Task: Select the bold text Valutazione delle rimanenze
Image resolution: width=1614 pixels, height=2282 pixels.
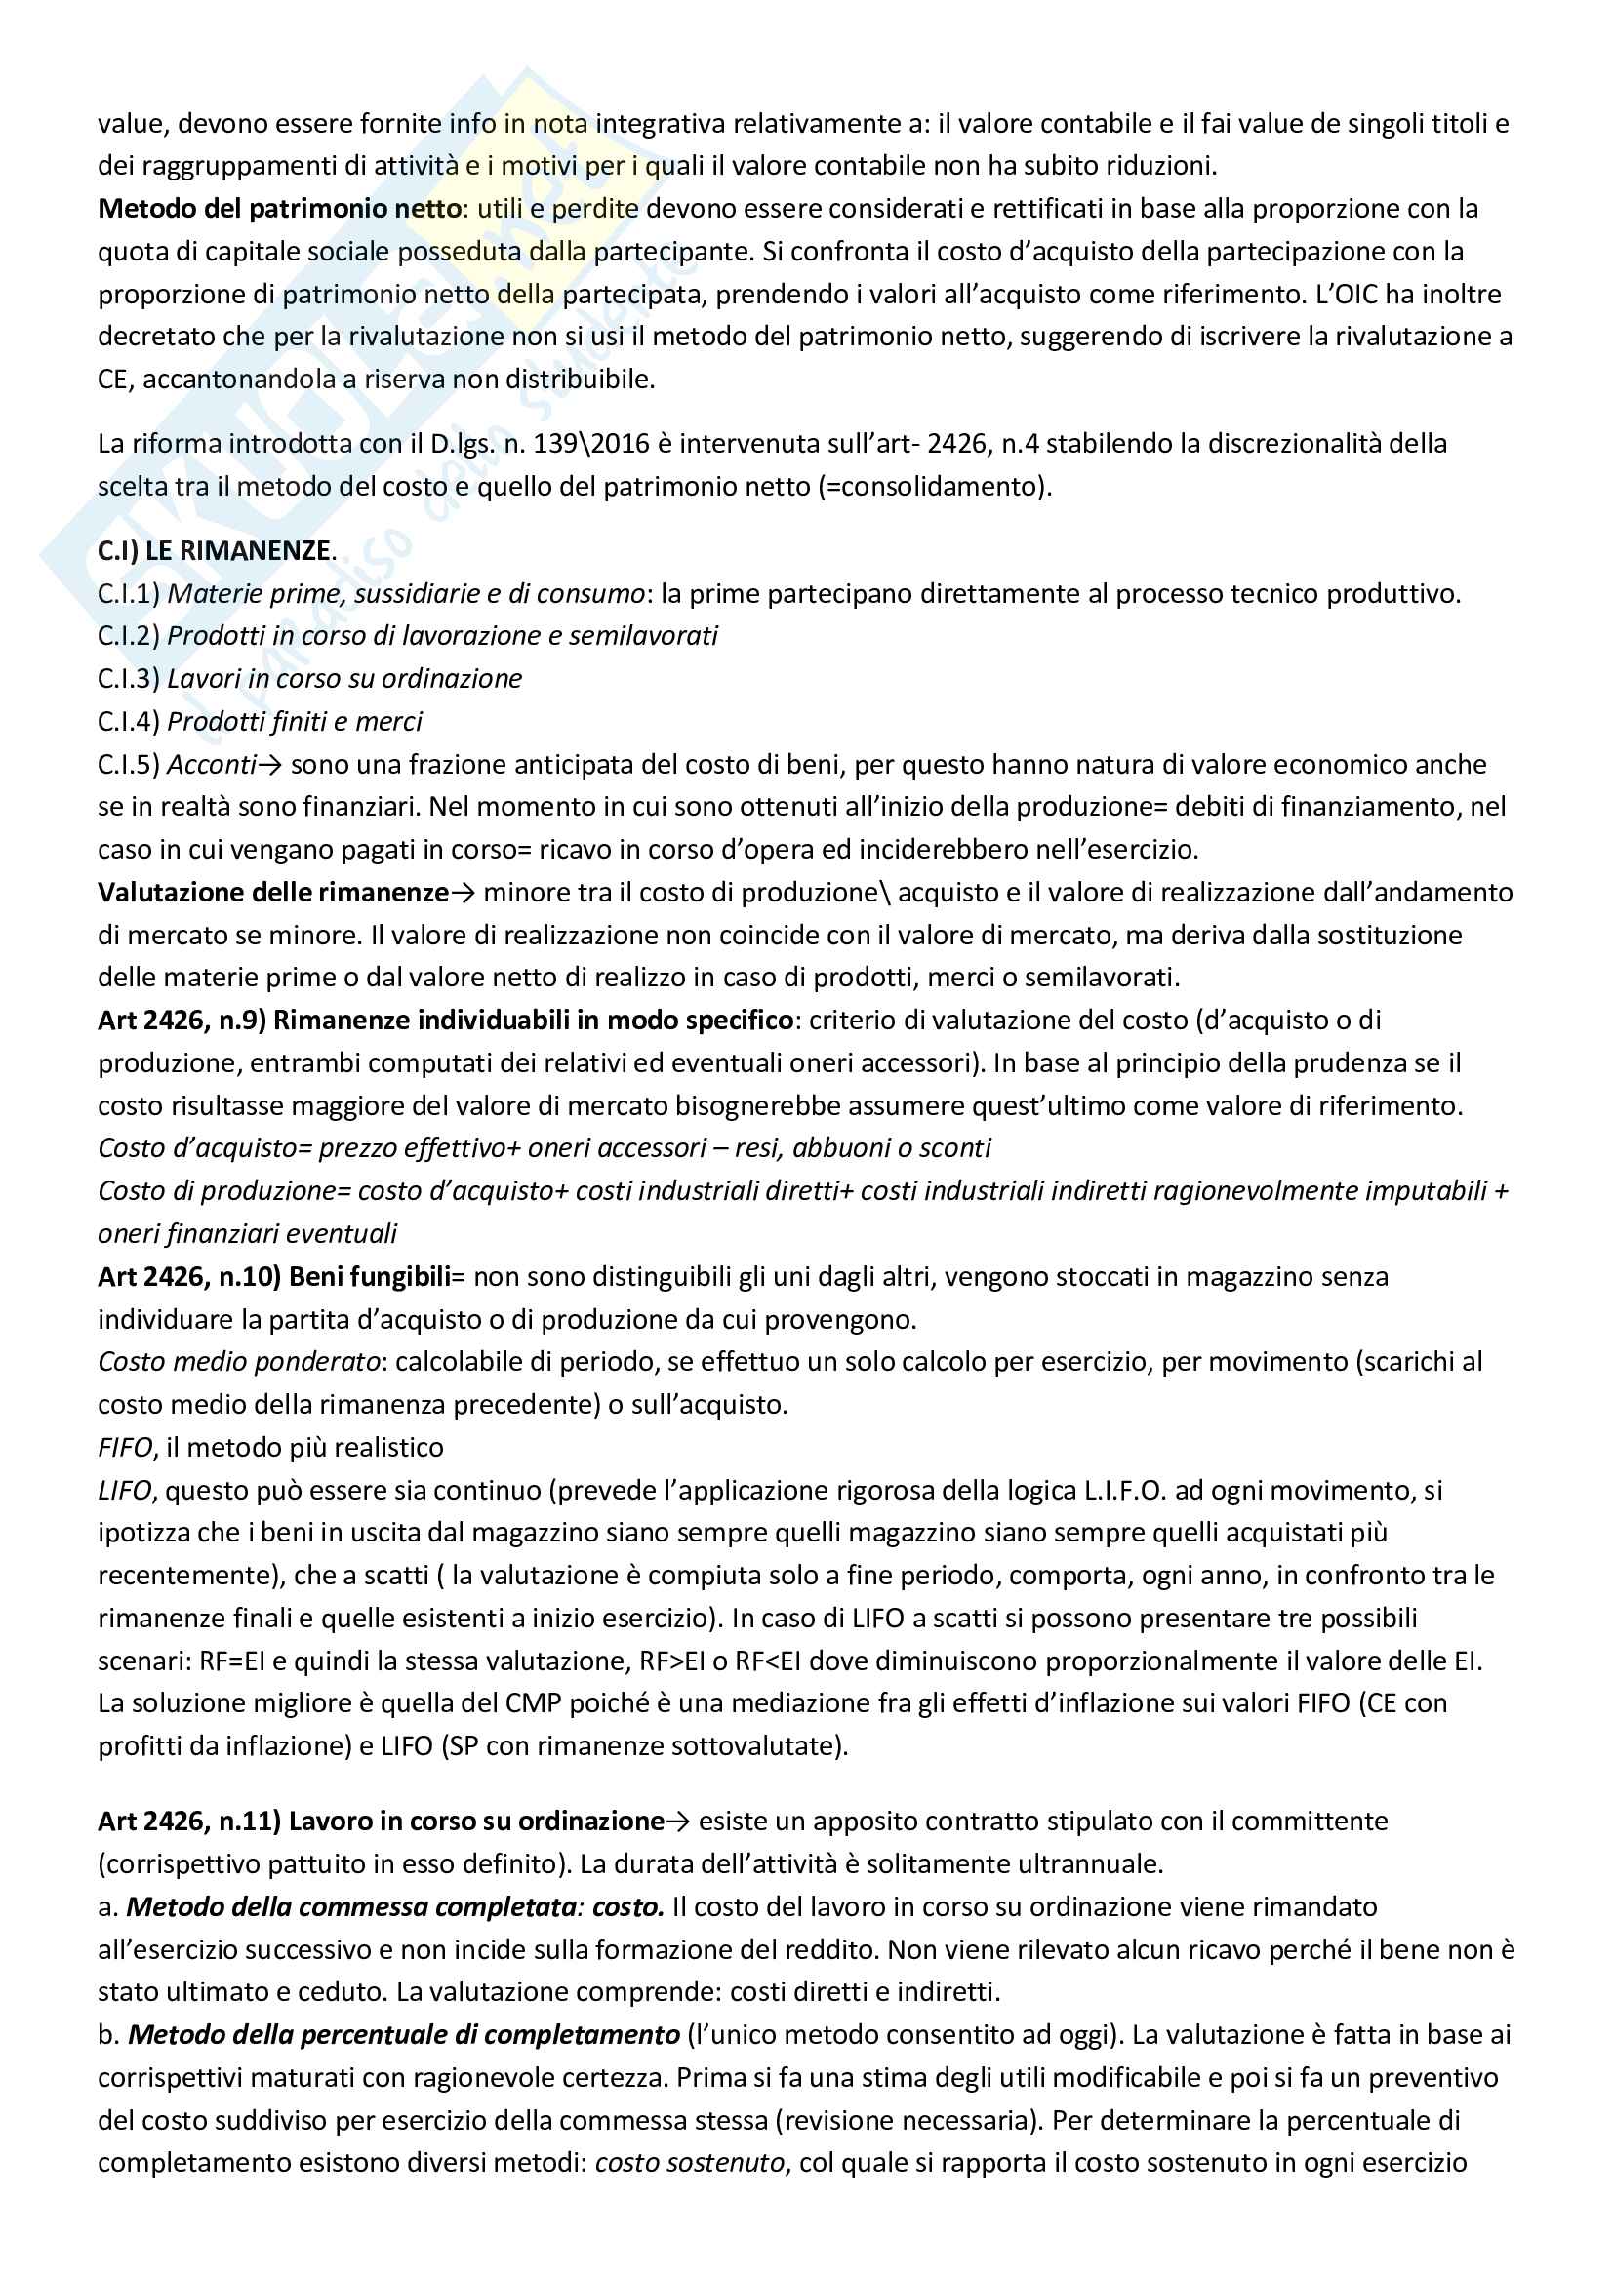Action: tap(273, 893)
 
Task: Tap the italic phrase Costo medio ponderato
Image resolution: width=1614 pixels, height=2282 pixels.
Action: tap(238, 1362)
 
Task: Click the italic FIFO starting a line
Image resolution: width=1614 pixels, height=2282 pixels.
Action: tap(124, 1447)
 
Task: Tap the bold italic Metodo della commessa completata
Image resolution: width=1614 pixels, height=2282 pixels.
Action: tap(352, 1907)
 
